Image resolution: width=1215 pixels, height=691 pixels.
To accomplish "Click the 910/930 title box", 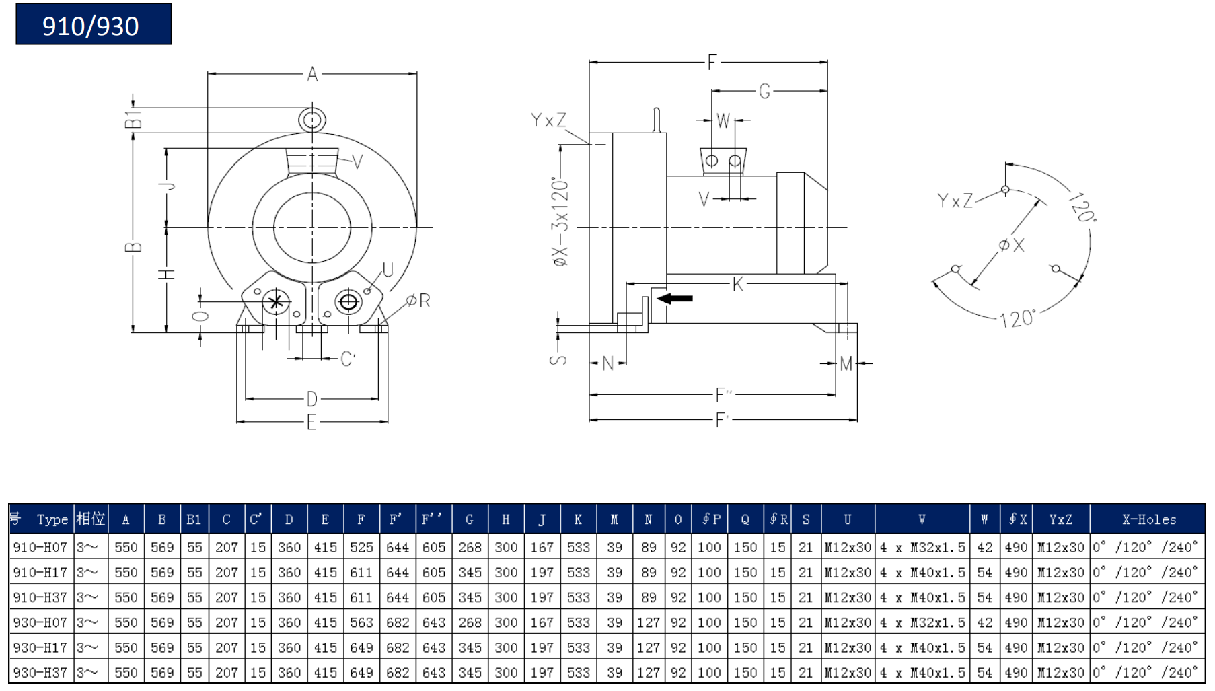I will [x=94, y=24].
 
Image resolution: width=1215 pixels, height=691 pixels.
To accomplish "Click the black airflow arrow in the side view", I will [x=675, y=298].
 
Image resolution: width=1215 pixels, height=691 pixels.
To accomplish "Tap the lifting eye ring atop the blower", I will [x=312, y=120].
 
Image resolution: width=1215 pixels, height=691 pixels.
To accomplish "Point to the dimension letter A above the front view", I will [x=312, y=74].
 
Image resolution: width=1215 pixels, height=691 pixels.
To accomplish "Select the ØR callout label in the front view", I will [x=418, y=301].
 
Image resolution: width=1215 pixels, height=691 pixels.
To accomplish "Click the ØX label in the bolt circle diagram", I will [x=1011, y=245].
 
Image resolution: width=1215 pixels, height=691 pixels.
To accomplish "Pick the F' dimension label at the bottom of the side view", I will [x=722, y=420].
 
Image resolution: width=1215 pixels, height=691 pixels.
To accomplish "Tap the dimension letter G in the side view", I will [x=764, y=91].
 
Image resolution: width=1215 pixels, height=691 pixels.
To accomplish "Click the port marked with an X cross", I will [x=276, y=302].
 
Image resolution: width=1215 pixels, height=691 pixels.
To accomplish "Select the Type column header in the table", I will [x=52, y=519].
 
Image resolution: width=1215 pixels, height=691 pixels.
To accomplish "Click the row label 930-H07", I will [x=40, y=622].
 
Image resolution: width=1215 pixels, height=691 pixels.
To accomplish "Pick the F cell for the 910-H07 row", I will [x=361, y=548].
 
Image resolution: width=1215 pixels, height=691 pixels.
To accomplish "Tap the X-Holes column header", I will [x=1148, y=519].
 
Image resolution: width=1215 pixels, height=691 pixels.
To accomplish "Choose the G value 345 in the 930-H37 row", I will [x=470, y=672].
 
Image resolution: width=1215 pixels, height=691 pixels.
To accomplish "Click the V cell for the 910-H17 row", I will [x=922, y=573].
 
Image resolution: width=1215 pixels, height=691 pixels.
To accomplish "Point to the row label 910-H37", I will [x=40, y=597].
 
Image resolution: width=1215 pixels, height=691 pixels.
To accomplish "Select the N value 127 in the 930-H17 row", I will [x=648, y=647].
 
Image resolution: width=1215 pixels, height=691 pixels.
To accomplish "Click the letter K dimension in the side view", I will [x=738, y=284].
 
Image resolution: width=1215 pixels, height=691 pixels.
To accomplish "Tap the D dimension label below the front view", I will [x=311, y=399].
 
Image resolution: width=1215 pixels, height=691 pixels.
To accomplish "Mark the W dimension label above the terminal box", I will [x=723, y=120].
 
